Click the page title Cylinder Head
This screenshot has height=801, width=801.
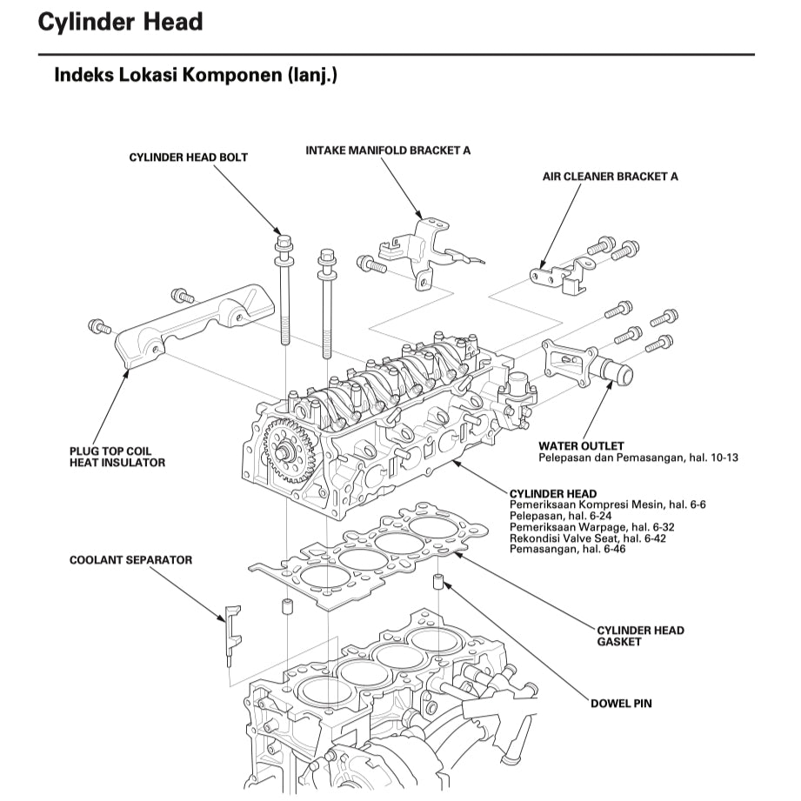(120, 22)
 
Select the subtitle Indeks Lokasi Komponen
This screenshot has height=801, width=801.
(196, 75)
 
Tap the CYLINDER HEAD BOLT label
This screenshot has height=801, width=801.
(188, 157)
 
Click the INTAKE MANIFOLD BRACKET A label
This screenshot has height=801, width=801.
(388, 150)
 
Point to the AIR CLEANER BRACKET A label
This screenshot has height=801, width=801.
(610, 177)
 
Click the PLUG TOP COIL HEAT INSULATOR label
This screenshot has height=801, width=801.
(117, 457)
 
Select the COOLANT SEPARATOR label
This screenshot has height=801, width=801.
(130, 560)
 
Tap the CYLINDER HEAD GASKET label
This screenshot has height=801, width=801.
(640, 636)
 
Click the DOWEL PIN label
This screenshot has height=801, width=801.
(621, 703)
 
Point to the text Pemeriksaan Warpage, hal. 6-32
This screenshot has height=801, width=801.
(580, 527)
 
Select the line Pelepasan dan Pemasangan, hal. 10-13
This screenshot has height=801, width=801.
(638, 457)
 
